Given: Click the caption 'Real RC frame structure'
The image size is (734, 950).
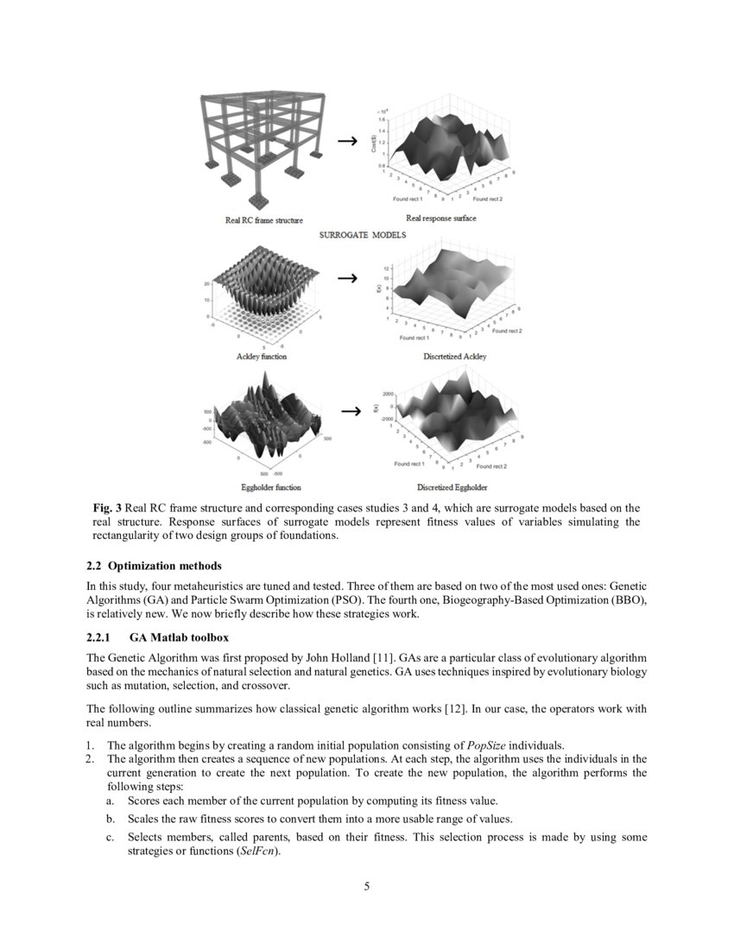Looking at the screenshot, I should pyautogui.click(x=264, y=221).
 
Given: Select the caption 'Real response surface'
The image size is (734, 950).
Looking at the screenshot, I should pyautogui.click(x=440, y=218).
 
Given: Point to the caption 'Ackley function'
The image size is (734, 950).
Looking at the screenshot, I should pyautogui.click(x=262, y=357).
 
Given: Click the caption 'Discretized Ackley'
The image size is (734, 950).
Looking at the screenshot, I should pyautogui.click(x=452, y=357).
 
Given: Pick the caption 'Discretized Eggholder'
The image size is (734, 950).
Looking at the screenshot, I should pyautogui.click(x=452, y=488).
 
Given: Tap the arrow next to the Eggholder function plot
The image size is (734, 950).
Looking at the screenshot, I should pyautogui.click(x=350, y=411).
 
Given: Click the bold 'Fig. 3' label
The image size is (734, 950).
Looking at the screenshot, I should pyautogui.click(x=107, y=508).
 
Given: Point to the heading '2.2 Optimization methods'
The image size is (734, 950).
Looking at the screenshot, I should pyautogui.click(x=154, y=567).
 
